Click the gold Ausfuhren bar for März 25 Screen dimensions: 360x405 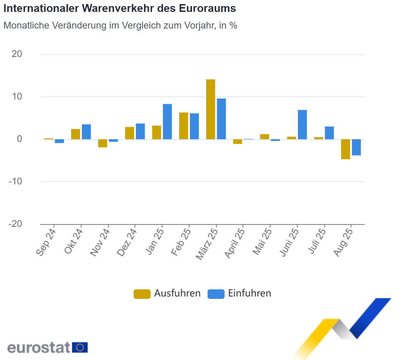[x=211, y=109]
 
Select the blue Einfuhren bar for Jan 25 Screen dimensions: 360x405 [x=167, y=122]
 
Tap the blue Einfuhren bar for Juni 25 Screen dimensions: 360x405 [x=302, y=125]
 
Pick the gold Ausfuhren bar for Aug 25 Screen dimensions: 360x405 [x=346, y=149]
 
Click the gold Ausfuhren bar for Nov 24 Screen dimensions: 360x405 [x=103, y=143]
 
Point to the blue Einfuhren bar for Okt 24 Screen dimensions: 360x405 [x=86, y=132]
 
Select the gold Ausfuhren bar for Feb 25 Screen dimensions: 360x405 [x=183, y=126]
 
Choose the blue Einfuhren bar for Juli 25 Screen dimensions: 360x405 [x=329, y=133]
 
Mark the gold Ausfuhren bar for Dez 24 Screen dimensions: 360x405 [x=129, y=133]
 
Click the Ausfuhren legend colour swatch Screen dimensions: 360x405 [x=142, y=294]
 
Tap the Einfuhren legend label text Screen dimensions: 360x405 [x=249, y=293]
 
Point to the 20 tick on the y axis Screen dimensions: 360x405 [x=17, y=54]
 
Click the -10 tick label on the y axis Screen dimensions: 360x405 [x=15, y=181]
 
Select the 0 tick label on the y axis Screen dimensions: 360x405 [x=19, y=139]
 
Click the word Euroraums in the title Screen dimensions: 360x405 [x=207, y=8]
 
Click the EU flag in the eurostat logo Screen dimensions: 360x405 [x=80, y=347]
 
